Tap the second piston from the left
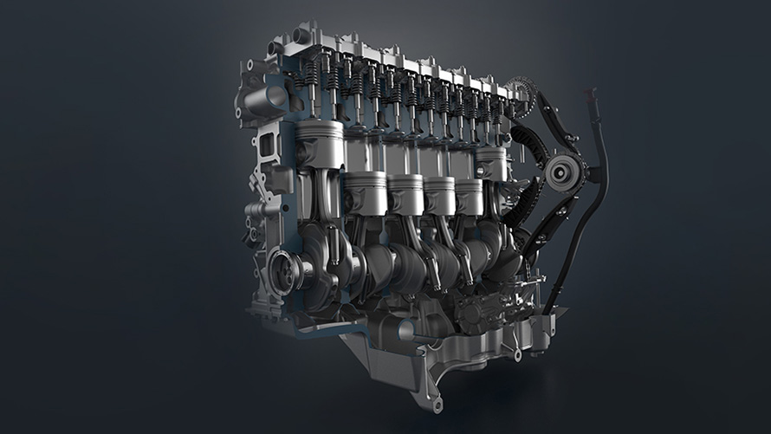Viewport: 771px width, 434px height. click(364, 191)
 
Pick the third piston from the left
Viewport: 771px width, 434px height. click(405, 193)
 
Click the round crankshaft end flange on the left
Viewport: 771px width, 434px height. click(285, 269)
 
